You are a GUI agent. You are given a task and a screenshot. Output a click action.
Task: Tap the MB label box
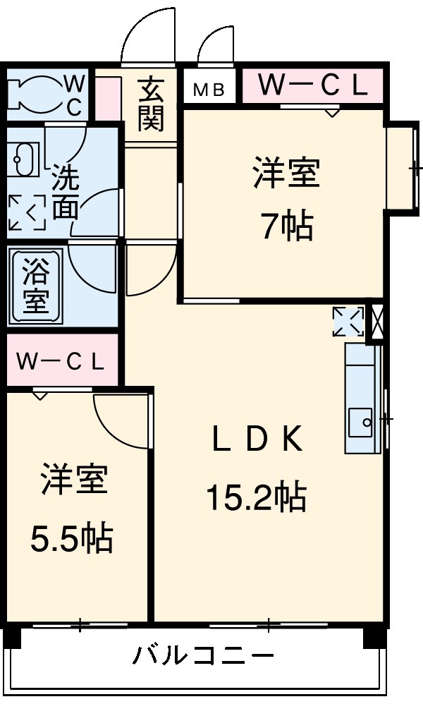point(209,90)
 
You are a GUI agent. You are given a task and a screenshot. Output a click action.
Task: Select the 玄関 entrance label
point(151,105)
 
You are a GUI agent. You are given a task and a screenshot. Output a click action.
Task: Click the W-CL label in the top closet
point(312,86)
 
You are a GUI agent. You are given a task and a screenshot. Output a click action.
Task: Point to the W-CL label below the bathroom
point(61,363)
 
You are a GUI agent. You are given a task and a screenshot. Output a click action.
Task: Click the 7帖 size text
point(287,227)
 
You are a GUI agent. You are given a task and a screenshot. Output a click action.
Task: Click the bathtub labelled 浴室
point(35,286)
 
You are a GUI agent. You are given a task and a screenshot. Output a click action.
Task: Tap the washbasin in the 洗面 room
point(24,161)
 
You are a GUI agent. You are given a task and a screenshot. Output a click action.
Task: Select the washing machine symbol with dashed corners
point(27,212)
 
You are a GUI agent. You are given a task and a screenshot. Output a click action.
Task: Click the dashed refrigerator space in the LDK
point(348,322)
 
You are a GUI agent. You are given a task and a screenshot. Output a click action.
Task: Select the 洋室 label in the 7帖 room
point(287,174)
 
